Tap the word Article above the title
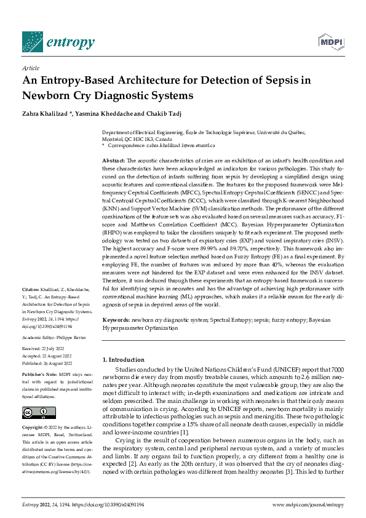click(x=30, y=68)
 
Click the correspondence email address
click(x=180, y=145)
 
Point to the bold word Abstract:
click(x=113, y=160)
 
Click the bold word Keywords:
click(x=116, y=320)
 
